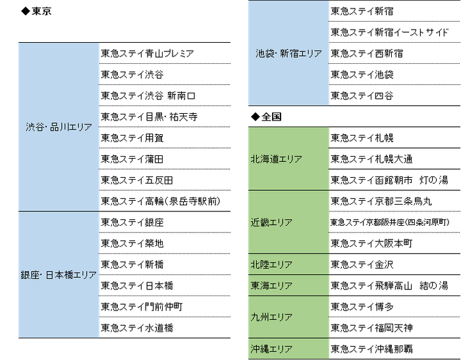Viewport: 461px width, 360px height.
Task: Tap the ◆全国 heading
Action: click(x=266, y=116)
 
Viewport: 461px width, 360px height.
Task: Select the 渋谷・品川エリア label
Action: click(x=58, y=127)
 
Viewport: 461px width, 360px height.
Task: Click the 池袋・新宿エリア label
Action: click(x=288, y=53)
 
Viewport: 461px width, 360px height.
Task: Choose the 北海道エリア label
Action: click(x=276, y=159)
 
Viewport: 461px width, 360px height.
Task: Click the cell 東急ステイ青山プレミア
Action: click(x=148, y=53)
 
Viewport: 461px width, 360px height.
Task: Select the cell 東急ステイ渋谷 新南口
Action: click(x=148, y=95)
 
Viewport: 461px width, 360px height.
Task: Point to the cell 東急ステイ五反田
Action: click(x=137, y=180)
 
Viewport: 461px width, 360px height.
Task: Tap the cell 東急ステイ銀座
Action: click(x=132, y=222)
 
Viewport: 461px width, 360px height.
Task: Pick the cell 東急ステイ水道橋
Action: click(x=137, y=327)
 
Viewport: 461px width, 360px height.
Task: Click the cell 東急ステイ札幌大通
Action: click(x=371, y=159)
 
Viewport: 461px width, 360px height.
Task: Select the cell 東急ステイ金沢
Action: click(x=362, y=265)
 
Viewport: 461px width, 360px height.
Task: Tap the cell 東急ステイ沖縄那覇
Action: click(x=372, y=349)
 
